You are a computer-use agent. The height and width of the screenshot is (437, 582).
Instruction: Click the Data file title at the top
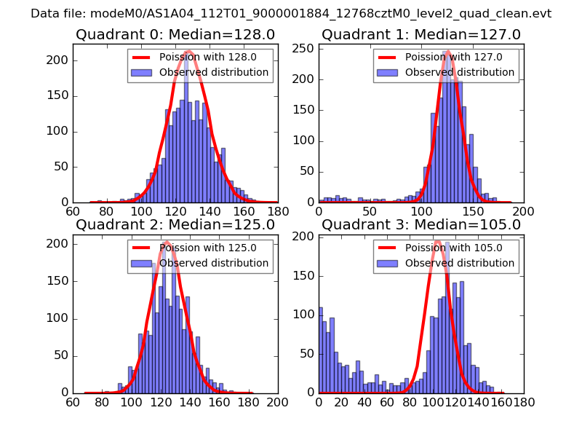click(x=291, y=14)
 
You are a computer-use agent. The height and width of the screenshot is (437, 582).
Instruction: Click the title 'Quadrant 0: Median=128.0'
click(x=175, y=34)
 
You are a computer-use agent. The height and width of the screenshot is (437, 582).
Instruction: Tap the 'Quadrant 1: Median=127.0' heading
click(x=421, y=34)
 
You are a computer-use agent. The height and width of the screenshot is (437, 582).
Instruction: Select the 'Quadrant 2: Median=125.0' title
click(x=175, y=224)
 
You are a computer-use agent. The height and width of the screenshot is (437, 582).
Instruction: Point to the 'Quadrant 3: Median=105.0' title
click(x=421, y=224)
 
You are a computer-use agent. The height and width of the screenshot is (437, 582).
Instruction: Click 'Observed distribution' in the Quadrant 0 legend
click(x=214, y=73)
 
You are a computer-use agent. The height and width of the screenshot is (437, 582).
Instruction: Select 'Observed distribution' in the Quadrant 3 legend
click(x=460, y=263)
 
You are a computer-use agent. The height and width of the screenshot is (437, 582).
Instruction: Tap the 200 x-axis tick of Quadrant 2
click(x=277, y=401)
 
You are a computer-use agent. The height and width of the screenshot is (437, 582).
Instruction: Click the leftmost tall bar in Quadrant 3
click(x=321, y=350)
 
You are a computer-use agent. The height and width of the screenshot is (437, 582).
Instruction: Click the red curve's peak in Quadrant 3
click(x=439, y=241)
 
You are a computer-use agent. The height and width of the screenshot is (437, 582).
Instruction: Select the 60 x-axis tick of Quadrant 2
click(x=73, y=401)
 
